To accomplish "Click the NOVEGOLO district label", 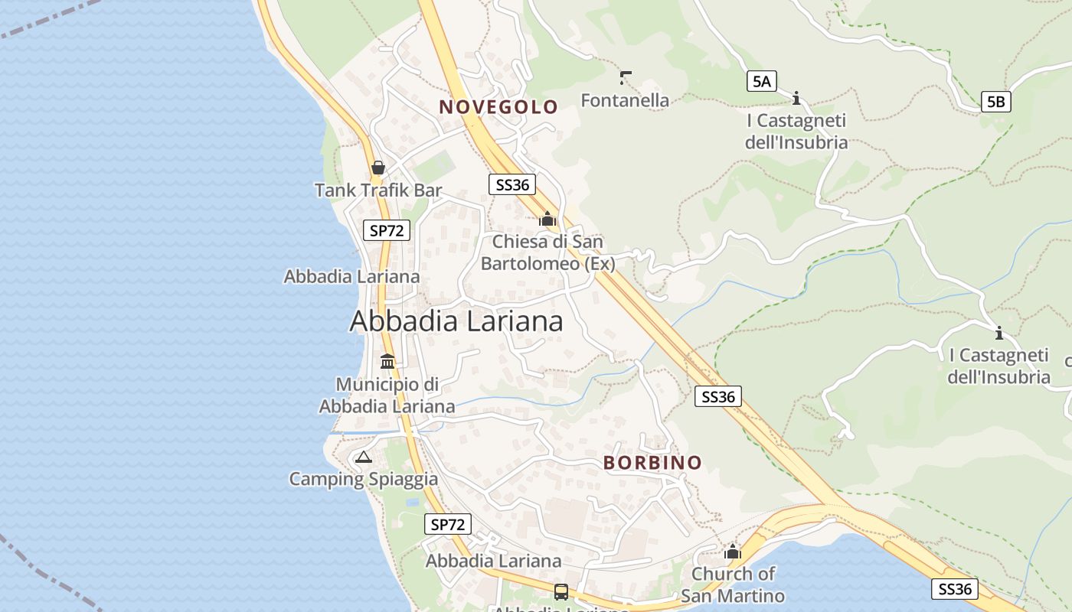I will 498,107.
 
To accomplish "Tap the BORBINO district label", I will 652,463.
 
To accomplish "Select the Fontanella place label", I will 625,100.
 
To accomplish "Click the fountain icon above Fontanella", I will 626,77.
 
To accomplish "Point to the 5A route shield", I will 761,81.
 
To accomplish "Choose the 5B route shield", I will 995,101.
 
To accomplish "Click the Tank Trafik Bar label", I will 378,190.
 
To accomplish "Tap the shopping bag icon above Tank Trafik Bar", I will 377,167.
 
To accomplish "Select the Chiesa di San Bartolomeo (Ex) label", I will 547,252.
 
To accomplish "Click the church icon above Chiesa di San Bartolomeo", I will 547,219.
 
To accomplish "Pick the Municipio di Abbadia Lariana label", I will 387,395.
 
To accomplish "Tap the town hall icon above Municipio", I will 387,361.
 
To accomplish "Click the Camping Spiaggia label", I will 363,480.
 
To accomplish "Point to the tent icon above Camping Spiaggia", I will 363,457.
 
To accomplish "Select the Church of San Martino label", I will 733,584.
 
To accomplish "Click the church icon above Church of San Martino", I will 733,552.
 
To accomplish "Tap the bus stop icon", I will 561,591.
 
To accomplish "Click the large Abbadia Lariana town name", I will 456,321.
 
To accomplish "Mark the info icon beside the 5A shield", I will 796,98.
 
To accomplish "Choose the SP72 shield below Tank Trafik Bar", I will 387,229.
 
